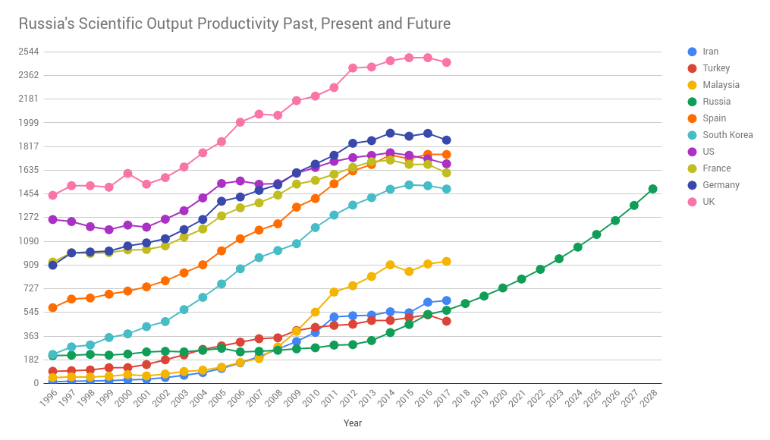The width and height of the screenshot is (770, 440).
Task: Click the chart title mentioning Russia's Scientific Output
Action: pos(234,24)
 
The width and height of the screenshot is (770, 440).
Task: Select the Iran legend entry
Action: pos(710,52)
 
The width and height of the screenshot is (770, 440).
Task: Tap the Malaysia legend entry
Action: pos(721,85)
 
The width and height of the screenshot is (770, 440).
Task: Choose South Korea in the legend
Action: pos(728,135)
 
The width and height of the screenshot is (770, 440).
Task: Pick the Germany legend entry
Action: pos(721,185)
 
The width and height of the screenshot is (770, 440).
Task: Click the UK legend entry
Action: pos(709,202)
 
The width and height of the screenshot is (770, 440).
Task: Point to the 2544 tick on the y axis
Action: pos(30,52)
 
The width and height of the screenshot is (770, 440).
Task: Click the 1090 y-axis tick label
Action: pos(30,241)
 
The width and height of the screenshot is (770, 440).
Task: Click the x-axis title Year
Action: pos(353,423)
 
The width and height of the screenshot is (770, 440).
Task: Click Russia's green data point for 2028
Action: pos(652,189)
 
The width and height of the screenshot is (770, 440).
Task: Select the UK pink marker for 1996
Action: pos(52,195)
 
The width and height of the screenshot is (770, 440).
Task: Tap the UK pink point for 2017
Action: pos(446,62)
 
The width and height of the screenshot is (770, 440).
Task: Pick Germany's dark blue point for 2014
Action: pos(390,134)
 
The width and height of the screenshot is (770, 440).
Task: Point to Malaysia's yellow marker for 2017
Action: pos(446,261)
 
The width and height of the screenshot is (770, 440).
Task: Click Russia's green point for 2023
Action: pos(559,259)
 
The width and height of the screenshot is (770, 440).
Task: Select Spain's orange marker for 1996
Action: pos(52,307)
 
